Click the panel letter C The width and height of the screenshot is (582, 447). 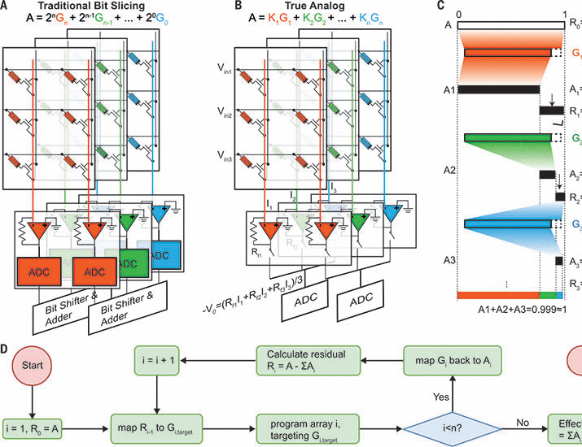[440, 6]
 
